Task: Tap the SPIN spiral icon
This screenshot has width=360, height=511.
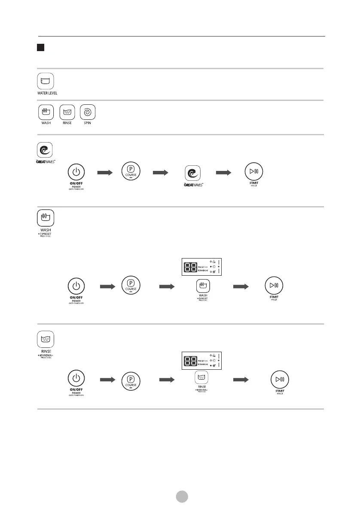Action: click(87, 113)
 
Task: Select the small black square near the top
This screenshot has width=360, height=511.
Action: click(41, 46)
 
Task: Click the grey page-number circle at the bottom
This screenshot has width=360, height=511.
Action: click(182, 496)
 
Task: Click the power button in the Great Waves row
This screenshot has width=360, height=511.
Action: click(76, 172)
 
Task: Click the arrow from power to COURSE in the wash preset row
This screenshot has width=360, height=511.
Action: click(107, 286)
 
